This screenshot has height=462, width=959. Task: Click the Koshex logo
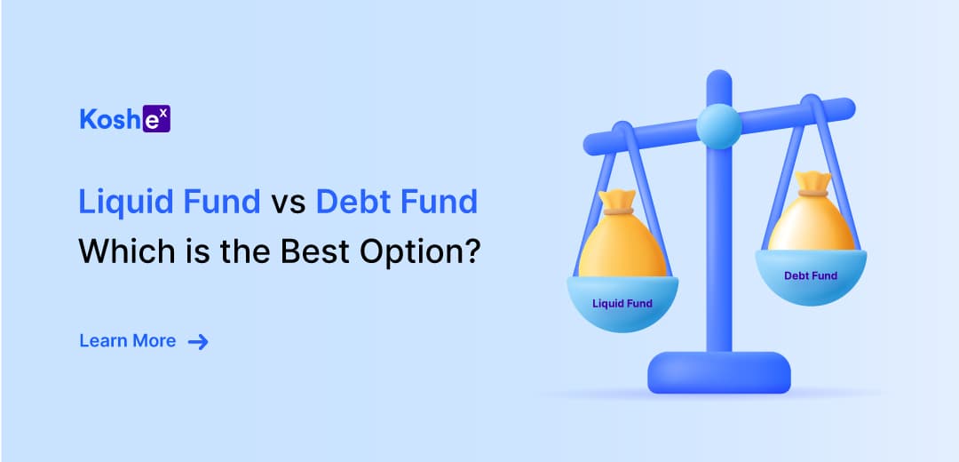(x=125, y=119)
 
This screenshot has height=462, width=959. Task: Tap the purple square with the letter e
(x=156, y=119)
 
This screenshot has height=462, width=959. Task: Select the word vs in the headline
(x=289, y=203)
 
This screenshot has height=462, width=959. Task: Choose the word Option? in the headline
(x=419, y=251)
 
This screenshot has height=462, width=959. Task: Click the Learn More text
(x=128, y=341)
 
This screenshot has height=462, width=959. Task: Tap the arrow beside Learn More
(x=198, y=341)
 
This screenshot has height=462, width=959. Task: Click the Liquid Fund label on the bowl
(x=622, y=303)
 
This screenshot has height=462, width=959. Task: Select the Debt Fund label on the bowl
(x=811, y=276)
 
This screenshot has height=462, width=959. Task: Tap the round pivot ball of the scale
(x=718, y=126)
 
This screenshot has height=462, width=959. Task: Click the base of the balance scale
(x=718, y=372)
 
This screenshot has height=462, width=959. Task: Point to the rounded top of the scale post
(x=718, y=83)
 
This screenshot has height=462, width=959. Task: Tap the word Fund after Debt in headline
(x=439, y=202)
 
